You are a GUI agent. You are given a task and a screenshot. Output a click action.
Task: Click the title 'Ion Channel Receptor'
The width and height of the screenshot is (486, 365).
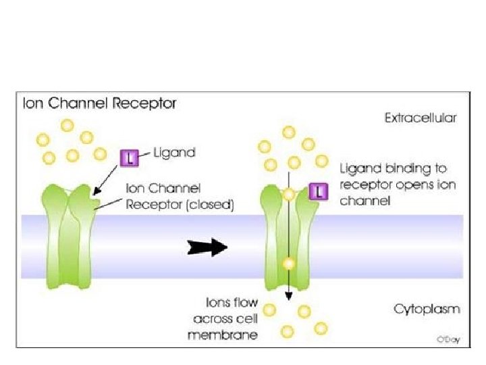[99, 104]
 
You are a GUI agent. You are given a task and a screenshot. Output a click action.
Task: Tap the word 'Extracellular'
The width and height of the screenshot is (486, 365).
[421, 117]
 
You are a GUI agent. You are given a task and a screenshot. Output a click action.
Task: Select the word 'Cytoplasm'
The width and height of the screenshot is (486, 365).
[427, 310]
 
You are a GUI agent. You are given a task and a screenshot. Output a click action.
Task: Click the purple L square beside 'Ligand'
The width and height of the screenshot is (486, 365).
[129, 158]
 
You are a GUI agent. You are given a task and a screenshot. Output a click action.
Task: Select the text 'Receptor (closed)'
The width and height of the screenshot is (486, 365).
[180, 205]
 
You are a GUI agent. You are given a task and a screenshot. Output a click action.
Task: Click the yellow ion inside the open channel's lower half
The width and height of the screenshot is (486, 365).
[288, 264]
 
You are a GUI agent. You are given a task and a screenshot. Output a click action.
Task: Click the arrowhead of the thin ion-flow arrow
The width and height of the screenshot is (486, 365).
[288, 295]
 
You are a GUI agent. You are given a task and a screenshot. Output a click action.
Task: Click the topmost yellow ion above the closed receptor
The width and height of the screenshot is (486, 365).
[67, 125]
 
